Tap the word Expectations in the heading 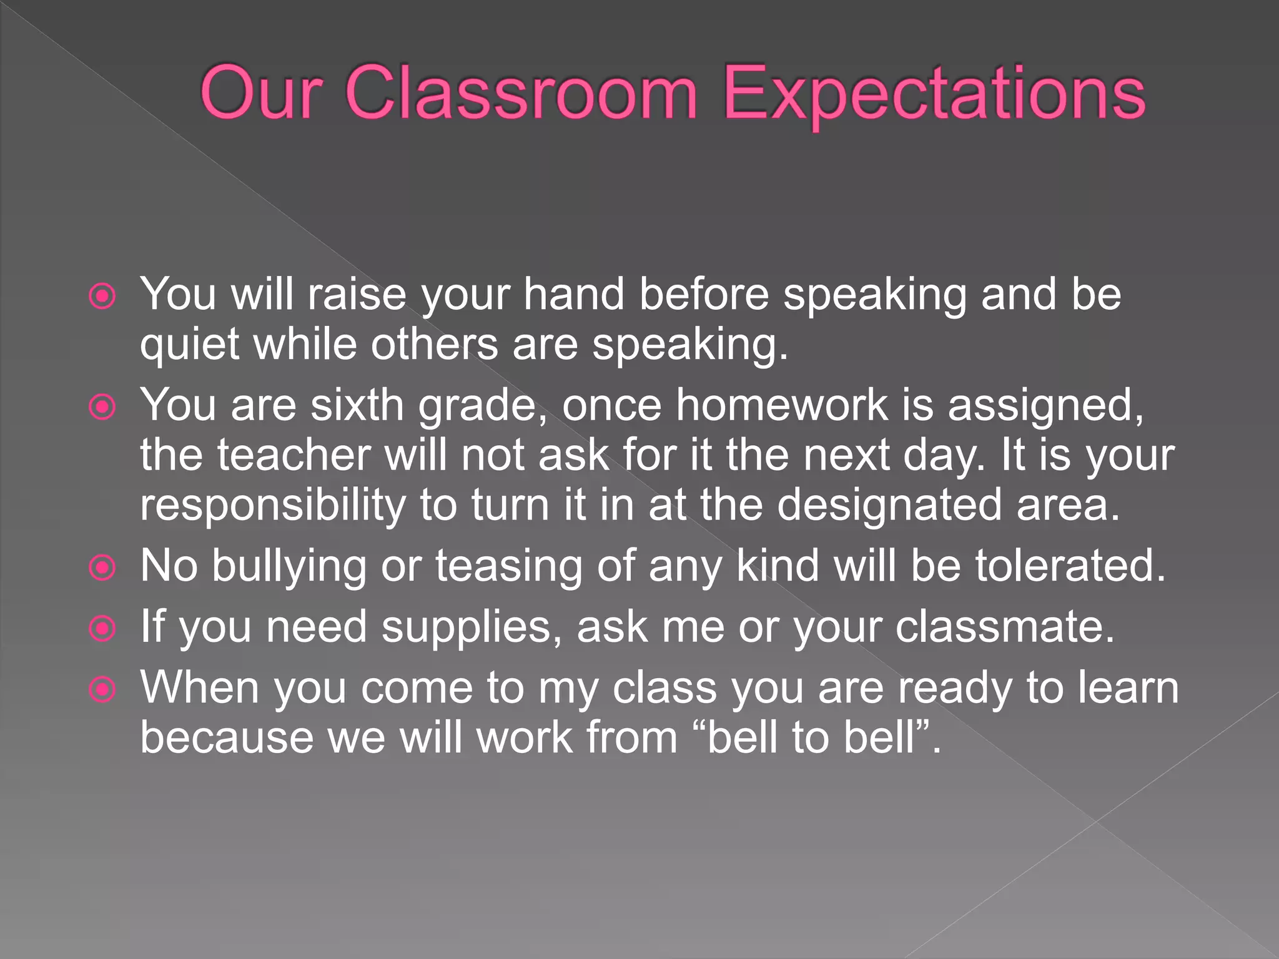click(x=934, y=95)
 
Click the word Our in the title click(x=261, y=94)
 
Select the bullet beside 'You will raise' click(x=102, y=297)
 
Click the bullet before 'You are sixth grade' click(x=102, y=408)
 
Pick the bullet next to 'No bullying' click(x=102, y=568)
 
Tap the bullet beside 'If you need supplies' click(x=102, y=629)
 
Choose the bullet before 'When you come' click(x=102, y=690)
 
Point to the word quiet click(x=189, y=345)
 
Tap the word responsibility click(x=272, y=506)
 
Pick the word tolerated click(x=1070, y=566)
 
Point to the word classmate click(x=1005, y=626)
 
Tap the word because click(x=226, y=737)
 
